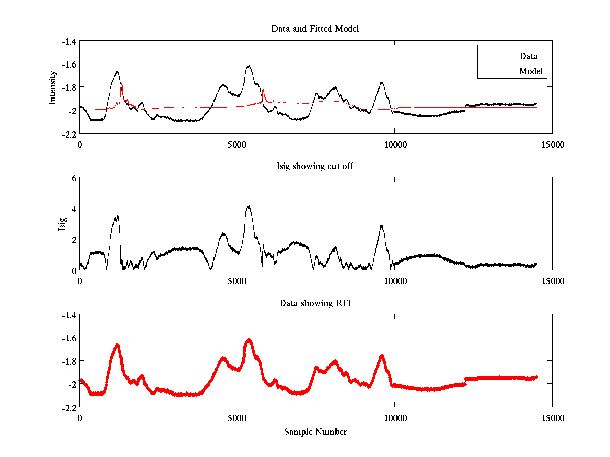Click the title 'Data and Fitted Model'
click(315, 29)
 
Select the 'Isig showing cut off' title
click(315, 166)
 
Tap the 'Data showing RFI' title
click(315, 303)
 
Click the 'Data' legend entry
click(528, 56)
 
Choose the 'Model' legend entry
click(531, 71)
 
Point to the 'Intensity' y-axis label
click(52, 87)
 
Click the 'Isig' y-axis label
click(62, 223)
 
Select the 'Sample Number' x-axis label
click(315, 432)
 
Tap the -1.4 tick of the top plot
click(69, 41)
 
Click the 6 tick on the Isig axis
click(74, 178)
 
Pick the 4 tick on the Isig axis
click(74, 209)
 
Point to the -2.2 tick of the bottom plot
click(69, 408)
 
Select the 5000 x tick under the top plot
click(237, 145)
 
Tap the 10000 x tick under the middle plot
click(395, 281)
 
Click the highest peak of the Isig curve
click(248, 206)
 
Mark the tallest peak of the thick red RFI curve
click(249, 339)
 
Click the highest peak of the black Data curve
click(249, 66)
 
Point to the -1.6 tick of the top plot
click(69, 64)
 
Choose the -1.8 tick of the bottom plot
click(69, 361)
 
